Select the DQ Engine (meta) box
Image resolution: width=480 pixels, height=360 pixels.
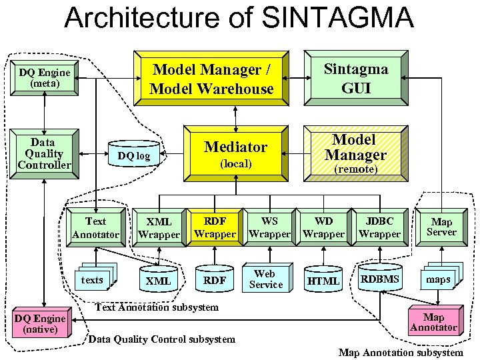coord(43,78)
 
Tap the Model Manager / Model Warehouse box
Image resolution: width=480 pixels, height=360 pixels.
coord(211,79)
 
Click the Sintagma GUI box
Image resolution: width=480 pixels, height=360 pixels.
coord(355,78)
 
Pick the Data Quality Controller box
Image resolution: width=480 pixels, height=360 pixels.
coord(43,153)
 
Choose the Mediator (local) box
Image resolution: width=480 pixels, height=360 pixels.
coord(235,153)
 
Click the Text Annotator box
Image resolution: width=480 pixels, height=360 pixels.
coord(95,227)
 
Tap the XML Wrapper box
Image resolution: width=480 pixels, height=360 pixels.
coord(159,227)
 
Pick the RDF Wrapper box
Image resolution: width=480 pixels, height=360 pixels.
coord(215,227)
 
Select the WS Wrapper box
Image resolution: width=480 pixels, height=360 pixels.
coord(269,227)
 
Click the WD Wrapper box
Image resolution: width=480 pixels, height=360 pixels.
coord(323,227)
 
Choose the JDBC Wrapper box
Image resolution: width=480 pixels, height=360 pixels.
coord(379,227)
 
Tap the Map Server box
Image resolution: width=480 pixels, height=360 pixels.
coord(441,227)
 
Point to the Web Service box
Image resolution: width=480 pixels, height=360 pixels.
coord(266,279)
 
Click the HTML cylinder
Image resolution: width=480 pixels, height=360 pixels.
coord(323,280)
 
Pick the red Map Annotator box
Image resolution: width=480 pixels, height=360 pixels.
coord(433,322)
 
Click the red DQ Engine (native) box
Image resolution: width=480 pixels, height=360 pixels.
coord(41,323)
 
